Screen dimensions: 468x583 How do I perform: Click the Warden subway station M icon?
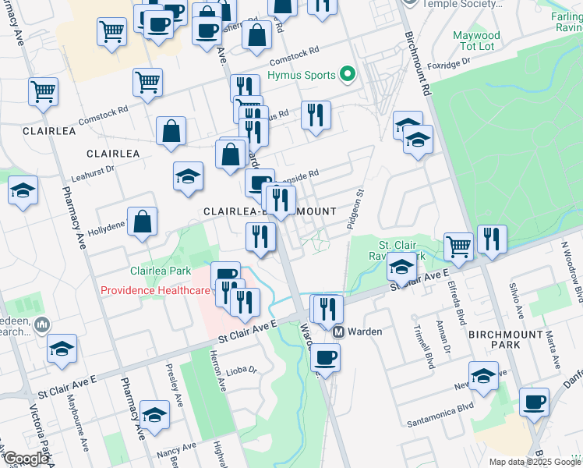pos(339,331)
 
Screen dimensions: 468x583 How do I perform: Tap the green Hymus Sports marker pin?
pos(347,76)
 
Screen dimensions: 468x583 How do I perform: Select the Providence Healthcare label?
pos(155,290)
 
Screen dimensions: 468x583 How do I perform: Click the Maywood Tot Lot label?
pos(476,41)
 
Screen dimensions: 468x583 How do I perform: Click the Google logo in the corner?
pos(25,459)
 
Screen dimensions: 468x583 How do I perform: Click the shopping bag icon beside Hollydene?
pos(143,222)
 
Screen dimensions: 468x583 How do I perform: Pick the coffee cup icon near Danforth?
pos(534,402)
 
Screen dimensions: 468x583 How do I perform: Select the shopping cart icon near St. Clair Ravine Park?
pos(459,246)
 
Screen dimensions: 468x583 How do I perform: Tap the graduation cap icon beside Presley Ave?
pos(154,414)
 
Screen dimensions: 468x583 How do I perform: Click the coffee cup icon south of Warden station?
pos(325,359)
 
